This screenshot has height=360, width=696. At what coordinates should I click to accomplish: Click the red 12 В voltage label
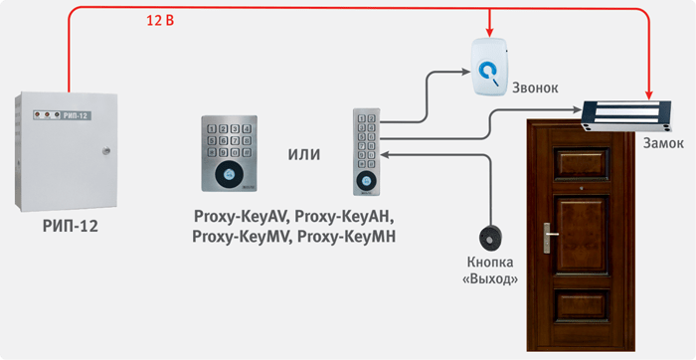click(x=160, y=21)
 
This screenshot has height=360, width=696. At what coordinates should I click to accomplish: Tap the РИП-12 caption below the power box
click(x=71, y=227)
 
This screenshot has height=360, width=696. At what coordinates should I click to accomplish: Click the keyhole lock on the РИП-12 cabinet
click(x=105, y=150)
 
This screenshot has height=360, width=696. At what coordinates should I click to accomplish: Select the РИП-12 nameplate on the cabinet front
click(x=63, y=115)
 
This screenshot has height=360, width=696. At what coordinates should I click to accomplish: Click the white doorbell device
click(x=489, y=67)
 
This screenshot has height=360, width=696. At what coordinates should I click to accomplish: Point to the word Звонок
click(x=535, y=88)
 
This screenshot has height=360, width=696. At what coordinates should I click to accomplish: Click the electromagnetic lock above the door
click(x=626, y=116)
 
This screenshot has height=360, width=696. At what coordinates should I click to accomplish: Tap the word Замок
click(x=663, y=143)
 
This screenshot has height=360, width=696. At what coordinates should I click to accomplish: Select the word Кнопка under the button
click(x=490, y=263)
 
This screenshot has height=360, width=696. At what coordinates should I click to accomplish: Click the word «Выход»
click(x=490, y=279)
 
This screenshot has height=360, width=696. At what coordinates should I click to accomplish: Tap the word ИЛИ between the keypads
click(x=304, y=154)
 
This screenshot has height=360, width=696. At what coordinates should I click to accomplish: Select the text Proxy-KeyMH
click(x=346, y=237)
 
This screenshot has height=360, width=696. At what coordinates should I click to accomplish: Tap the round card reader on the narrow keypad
click(x=366, y=180)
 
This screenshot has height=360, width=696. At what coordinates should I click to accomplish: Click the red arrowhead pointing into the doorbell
click(x=489, y=33)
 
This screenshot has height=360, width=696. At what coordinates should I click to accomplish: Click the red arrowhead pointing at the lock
click(x=649, y=95)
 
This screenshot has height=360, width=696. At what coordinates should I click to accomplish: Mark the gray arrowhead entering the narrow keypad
click(x=385, y=155)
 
